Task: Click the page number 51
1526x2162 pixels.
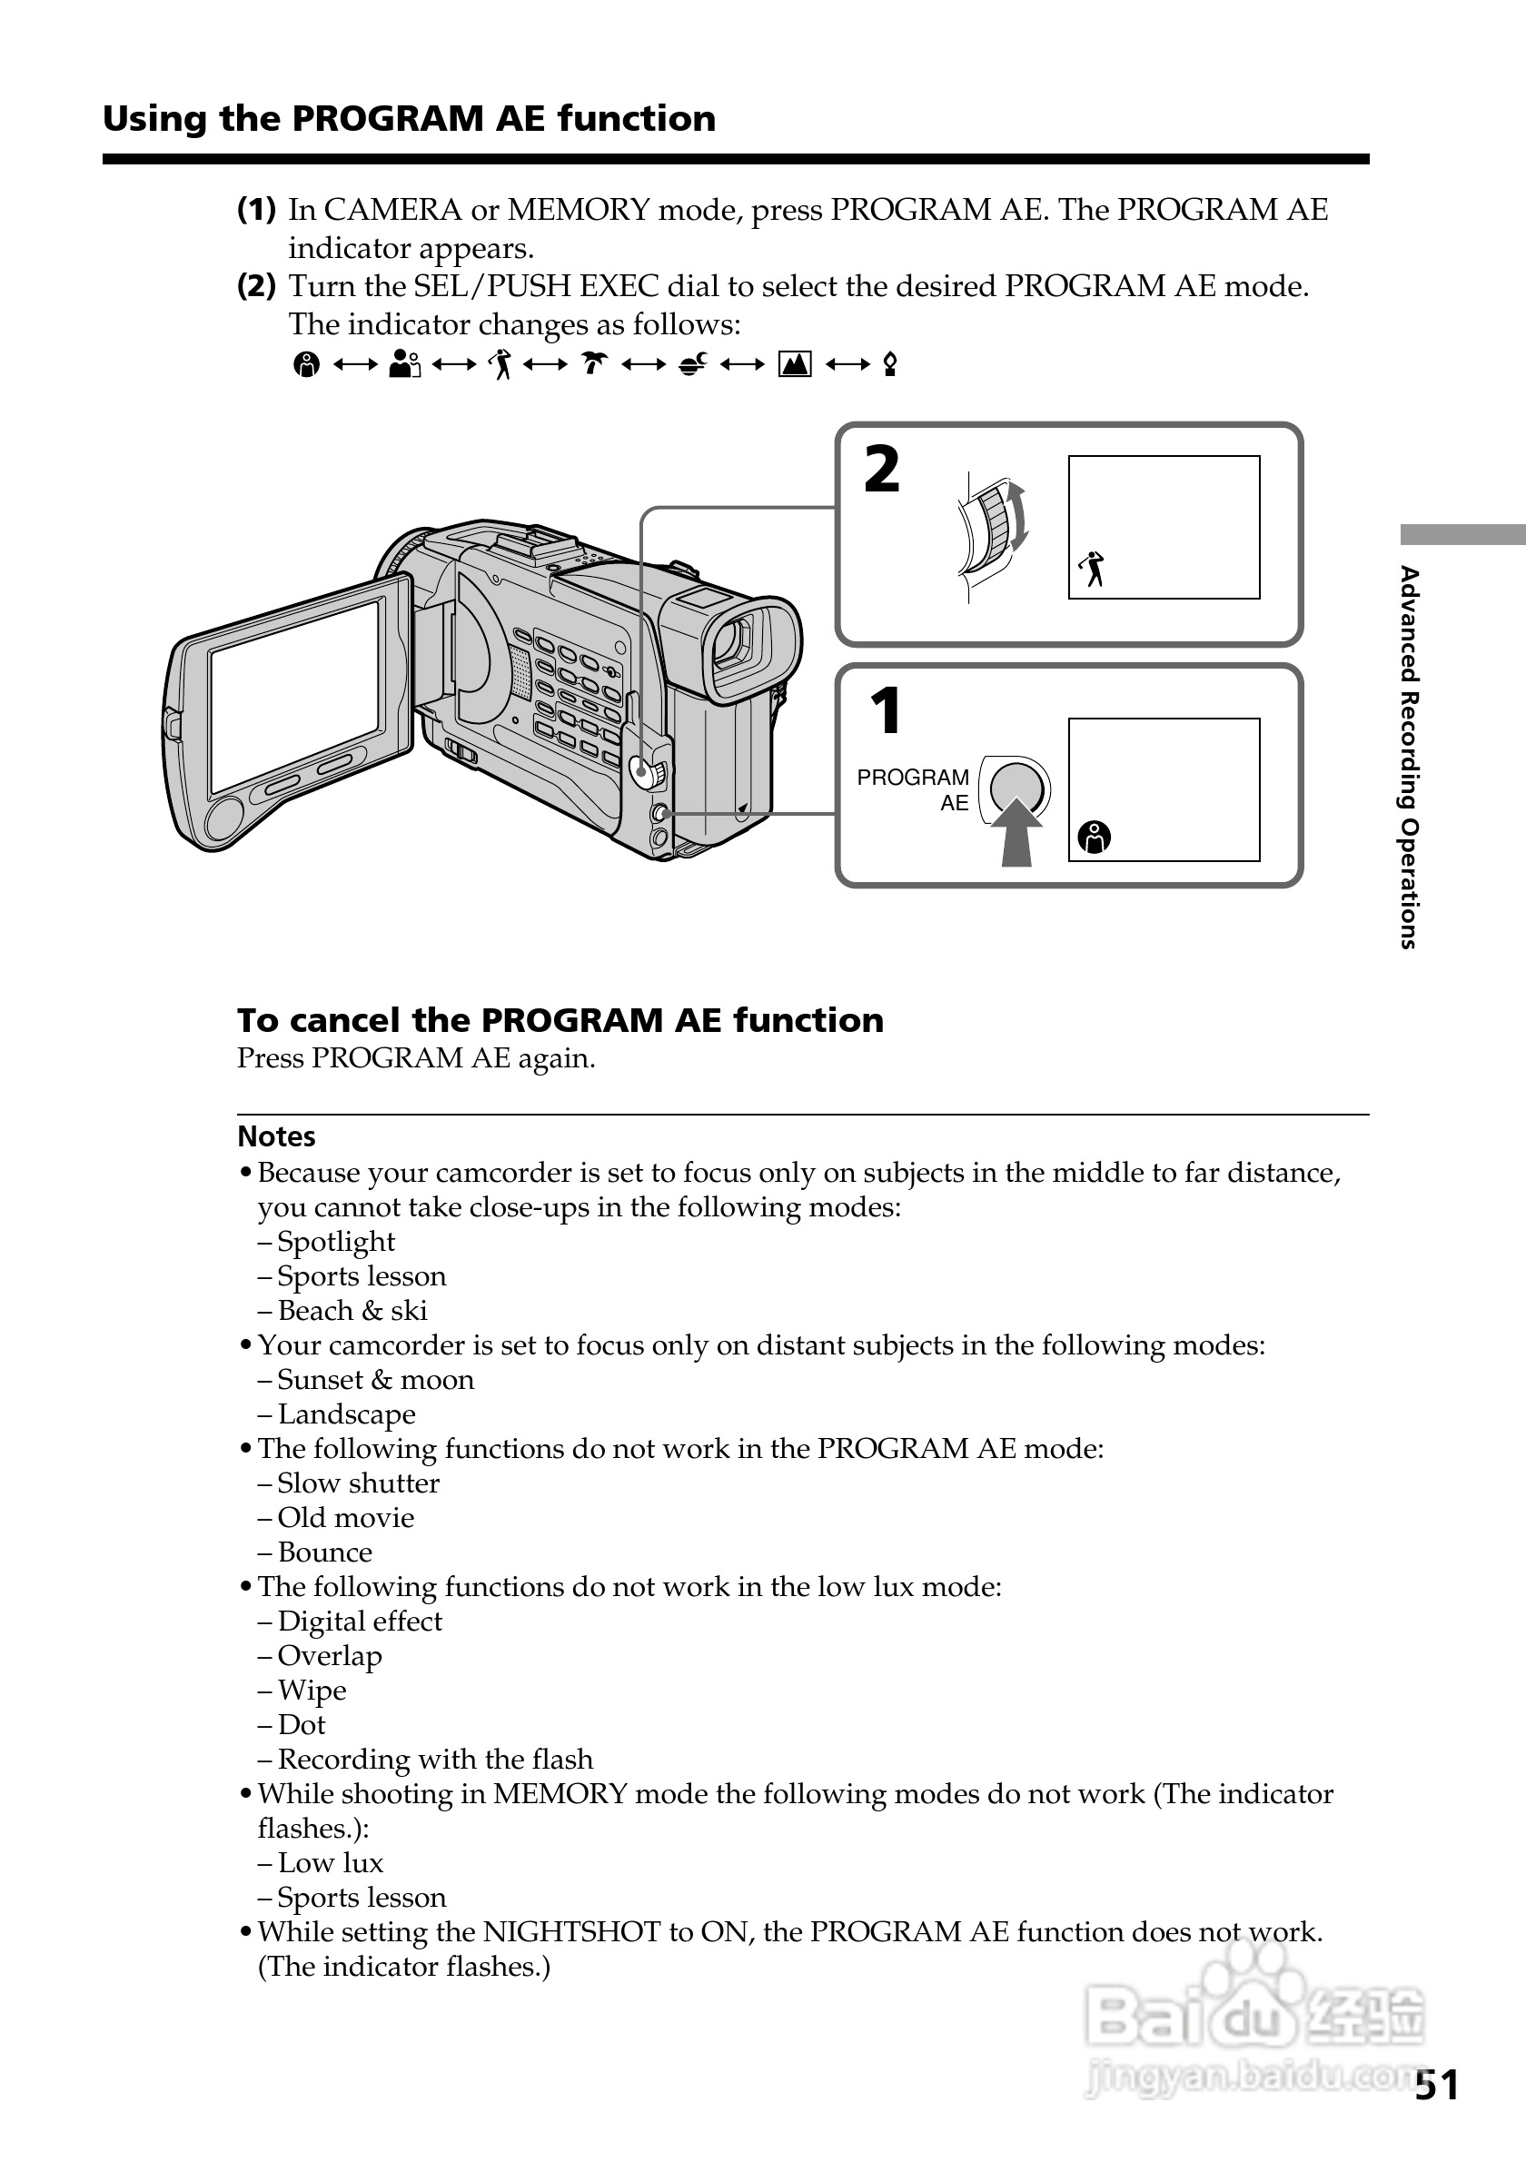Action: click(1437, 2085)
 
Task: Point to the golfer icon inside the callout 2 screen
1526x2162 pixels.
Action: click(1092, 569)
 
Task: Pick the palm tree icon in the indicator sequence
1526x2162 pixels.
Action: click(594, 363)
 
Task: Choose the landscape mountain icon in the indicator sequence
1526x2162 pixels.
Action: click(795, 363)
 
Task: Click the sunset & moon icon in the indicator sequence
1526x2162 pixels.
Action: click(693, 363)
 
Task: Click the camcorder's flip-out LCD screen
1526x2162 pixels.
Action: click(295, 695)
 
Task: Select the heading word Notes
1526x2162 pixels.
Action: click(276, 1136)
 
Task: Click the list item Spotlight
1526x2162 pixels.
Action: click(336, 1242)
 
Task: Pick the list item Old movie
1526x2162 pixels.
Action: click(345, 1518)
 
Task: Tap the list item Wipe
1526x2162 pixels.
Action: click(312, 1691)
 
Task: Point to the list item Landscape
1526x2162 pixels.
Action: click(346, 1414)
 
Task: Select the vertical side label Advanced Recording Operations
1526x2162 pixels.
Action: click(1409, 757)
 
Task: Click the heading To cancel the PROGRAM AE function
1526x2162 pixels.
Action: click(560, 1021)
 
